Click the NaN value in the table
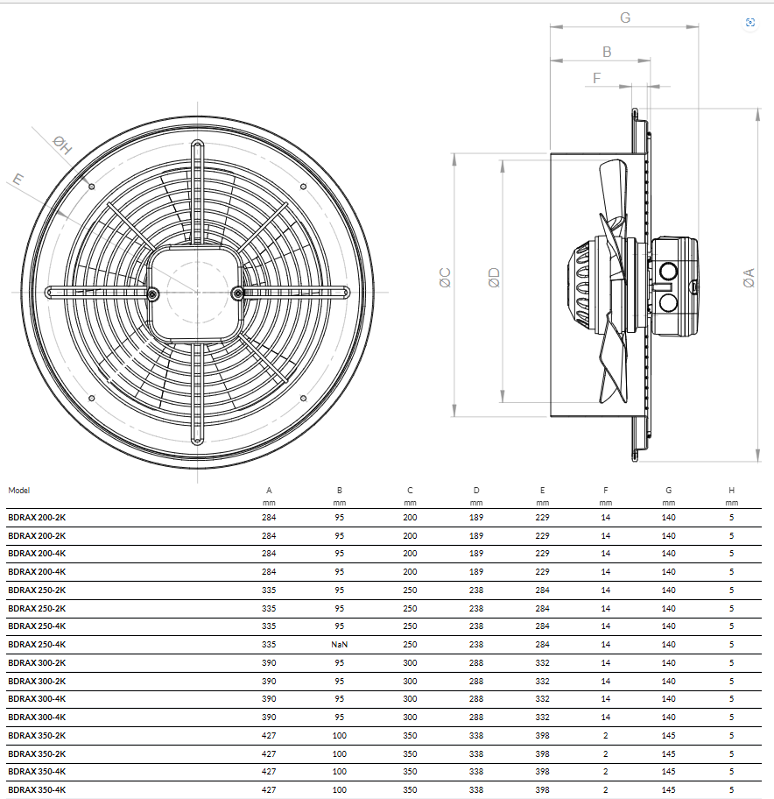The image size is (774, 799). coord(339,645)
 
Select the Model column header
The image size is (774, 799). coord(19,491)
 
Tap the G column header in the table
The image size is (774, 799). coord(669,491)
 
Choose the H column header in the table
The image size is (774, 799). coord(731,491)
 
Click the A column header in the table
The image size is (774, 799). coord(269,491)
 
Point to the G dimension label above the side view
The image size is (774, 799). coord(625,18)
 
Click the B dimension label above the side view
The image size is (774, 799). coord(607,52)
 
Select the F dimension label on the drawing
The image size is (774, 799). coord(597,78)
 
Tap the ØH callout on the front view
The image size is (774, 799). coord(63,145)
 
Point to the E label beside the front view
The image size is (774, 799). coord(18,180)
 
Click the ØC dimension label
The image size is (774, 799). coord(445,278)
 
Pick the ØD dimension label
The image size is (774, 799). coord(494,278)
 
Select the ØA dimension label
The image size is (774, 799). coord(749,279)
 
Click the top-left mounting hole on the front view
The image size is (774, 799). coord(92,187)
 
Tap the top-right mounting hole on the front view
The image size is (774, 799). coord(304,187)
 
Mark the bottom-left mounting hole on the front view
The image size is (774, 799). coord(92,398)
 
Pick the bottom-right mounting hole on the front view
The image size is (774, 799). coord(304,398)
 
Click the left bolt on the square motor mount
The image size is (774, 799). coord(152,293)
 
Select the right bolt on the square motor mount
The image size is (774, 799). coord(237,293)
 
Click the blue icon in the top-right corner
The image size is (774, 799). coord(750,23)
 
